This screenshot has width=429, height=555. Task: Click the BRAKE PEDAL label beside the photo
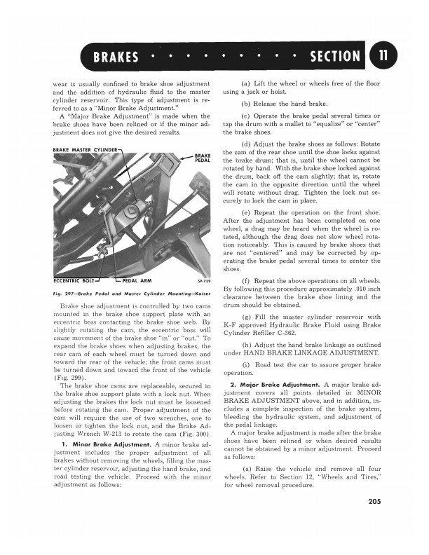(x=203, y=158)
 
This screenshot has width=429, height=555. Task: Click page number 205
(x=374, y=520)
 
